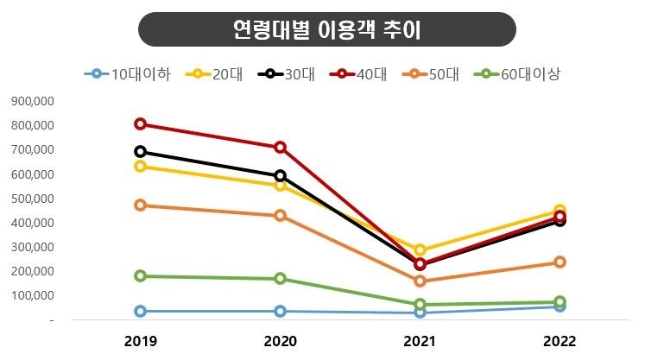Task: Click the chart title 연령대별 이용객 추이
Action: coord(326,29)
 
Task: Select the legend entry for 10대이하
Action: coord(127,74)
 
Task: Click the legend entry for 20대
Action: coord(217,74)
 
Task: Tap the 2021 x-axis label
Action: coord(420,341)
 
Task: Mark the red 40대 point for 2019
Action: coord(141,124)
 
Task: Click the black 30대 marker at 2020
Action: coord(281,175)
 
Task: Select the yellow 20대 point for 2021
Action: coord(421,250)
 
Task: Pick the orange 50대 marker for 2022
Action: coord(560,262)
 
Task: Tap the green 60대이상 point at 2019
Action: coord(141,276)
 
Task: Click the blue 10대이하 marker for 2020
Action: coord(281,311)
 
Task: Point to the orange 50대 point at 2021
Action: coord(421,281)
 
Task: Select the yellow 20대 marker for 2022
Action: coord(560,211)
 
